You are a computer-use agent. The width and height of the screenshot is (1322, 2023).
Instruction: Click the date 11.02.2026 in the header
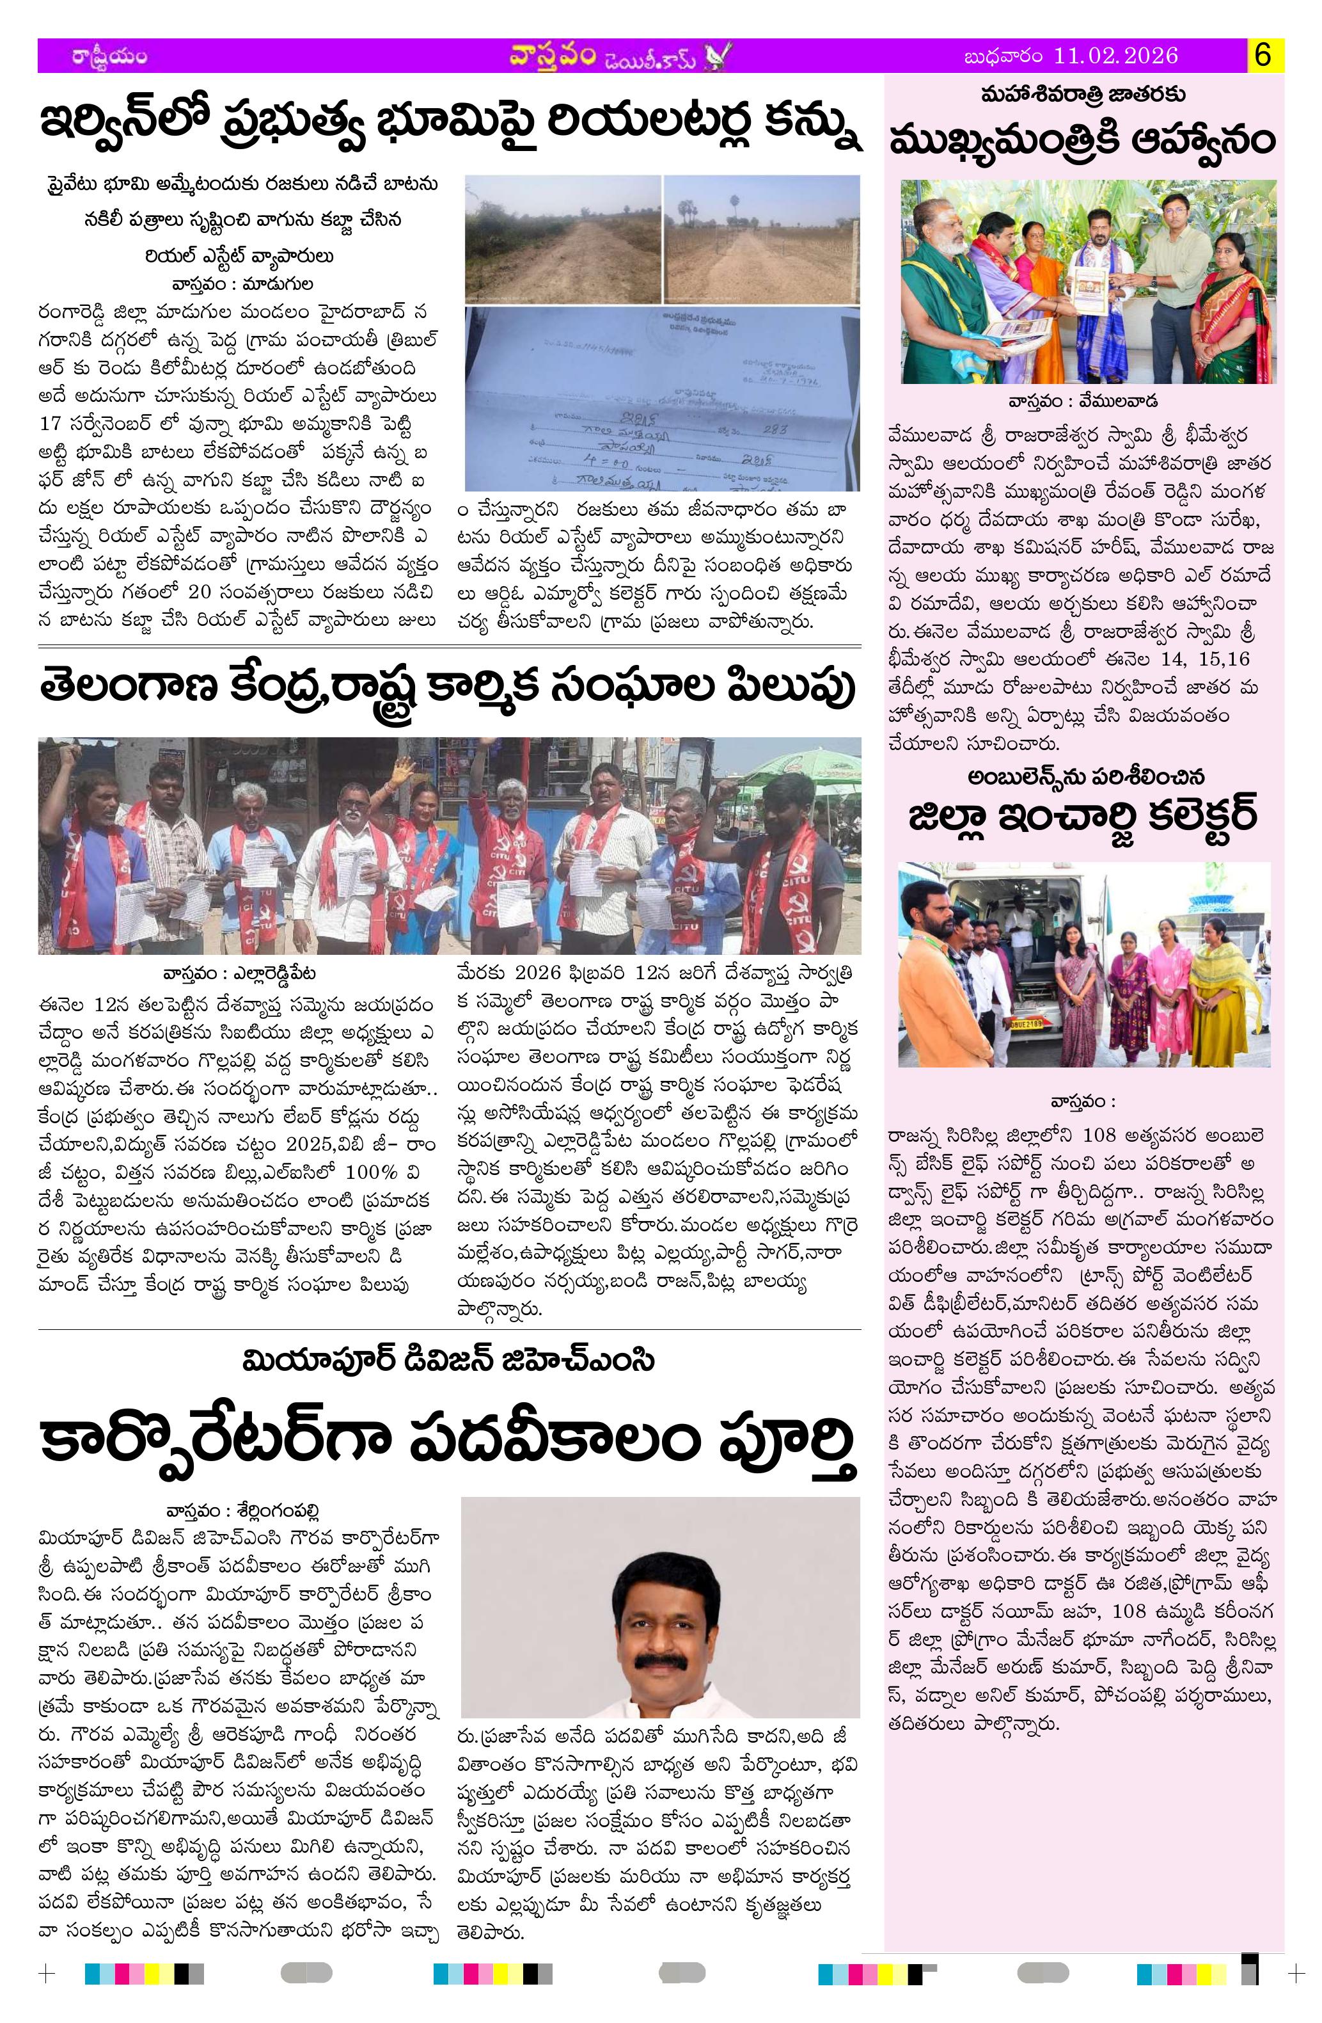tap(1115, 56)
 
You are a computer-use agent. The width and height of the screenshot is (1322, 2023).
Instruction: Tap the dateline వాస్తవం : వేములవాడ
tap(1083, 401)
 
